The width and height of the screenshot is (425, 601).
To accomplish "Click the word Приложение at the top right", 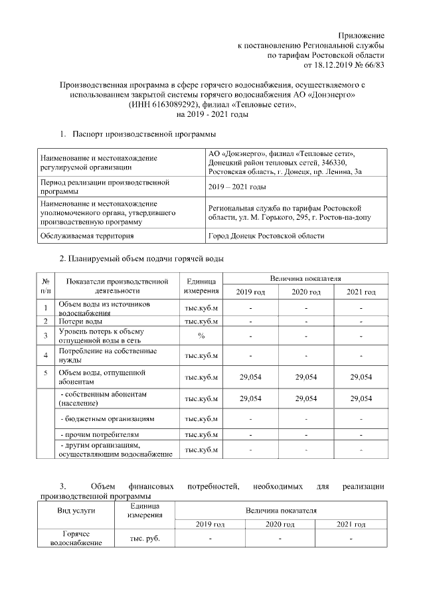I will pos(361,35).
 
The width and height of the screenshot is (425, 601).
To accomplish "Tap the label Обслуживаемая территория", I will pos(87,236).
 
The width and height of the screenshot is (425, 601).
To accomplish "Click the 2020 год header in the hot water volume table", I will pos(305,292).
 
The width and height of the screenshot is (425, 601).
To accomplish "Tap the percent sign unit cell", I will pos(201,335).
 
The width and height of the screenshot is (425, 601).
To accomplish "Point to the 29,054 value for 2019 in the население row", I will pos(250,398).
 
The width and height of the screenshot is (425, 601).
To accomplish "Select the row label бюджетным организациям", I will pos(108,420).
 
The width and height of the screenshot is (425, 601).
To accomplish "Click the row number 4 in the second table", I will pos(45,355).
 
